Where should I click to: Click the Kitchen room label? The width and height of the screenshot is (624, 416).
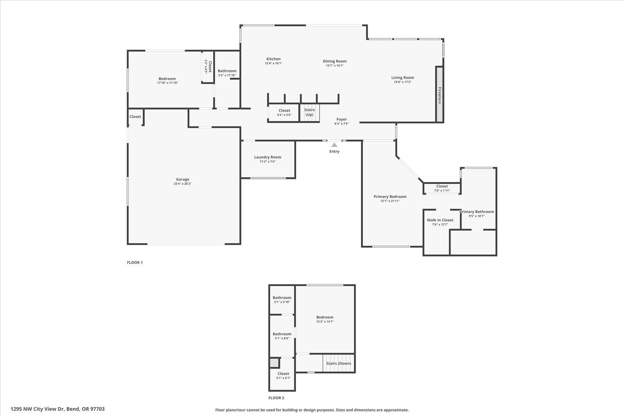273,59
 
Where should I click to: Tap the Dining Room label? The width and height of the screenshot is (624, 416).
335,61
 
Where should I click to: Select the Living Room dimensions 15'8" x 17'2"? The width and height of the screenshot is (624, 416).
402,82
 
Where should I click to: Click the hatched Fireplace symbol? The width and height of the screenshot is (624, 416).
439,95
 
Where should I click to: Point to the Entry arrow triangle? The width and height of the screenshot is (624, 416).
334,145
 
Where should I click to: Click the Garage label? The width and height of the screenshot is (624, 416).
182,179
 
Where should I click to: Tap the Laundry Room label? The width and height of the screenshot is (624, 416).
268,157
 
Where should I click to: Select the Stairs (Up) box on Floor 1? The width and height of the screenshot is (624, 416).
309,113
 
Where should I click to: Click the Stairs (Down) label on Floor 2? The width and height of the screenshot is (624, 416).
338,363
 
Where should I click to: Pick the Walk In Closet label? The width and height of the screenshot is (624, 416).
440,220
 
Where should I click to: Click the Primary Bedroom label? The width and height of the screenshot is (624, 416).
390,197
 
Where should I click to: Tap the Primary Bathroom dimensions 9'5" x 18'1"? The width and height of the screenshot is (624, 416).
476,216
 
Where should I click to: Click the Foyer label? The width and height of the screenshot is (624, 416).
341,119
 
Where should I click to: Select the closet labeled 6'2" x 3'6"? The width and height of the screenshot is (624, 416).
284,113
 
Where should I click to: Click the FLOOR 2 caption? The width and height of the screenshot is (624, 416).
276,398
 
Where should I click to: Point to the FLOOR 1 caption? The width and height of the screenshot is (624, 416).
135,262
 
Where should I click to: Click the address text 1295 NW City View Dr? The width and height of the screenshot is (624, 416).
58,409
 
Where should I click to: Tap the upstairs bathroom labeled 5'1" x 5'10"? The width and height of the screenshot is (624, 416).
282,300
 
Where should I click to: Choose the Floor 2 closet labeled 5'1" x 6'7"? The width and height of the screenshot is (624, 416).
283,375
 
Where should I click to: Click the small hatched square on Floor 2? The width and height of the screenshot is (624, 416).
274,363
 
